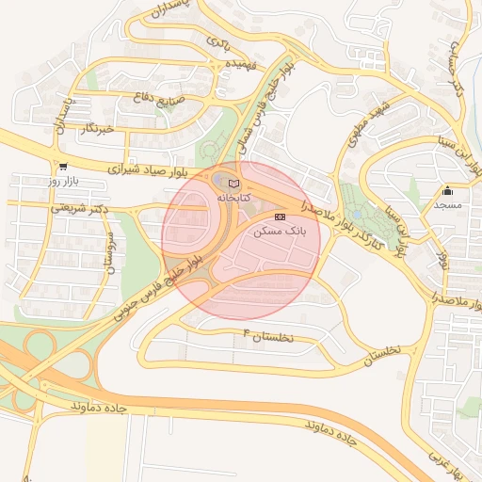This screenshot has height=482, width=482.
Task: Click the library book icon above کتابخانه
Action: point(234,183)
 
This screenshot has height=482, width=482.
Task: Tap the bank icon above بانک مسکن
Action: point(278,216)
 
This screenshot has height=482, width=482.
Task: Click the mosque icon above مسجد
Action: point(446,191)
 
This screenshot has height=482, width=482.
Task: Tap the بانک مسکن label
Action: point(277,230)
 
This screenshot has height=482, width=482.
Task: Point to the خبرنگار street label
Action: point(97,126)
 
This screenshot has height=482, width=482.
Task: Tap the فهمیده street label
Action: point(234,64)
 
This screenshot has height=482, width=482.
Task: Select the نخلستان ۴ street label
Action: point(268,336)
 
